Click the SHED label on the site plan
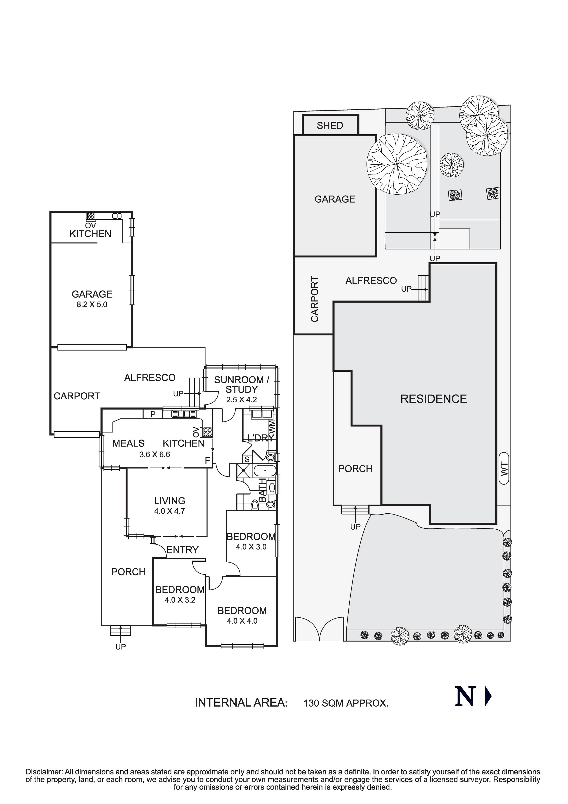point(330,125)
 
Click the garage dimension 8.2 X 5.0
point(92,304)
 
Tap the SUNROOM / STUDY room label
point(241,384)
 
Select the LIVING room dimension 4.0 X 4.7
point(169,511)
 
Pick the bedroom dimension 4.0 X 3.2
point(180,600)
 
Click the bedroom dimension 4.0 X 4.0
point(242,621)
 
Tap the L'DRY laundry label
point(260,438)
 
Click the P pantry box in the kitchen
point(153,414)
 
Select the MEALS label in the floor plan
point(128,443)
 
